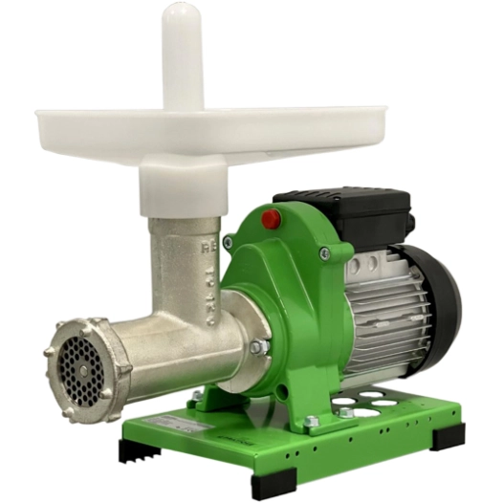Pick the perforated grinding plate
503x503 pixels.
pyautogui.click(x=79, y=365)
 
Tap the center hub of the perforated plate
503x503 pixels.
pyautogui.click(x=78, y=366)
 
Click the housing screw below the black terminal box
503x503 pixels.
pyautogui.click(x=325, y=253)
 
